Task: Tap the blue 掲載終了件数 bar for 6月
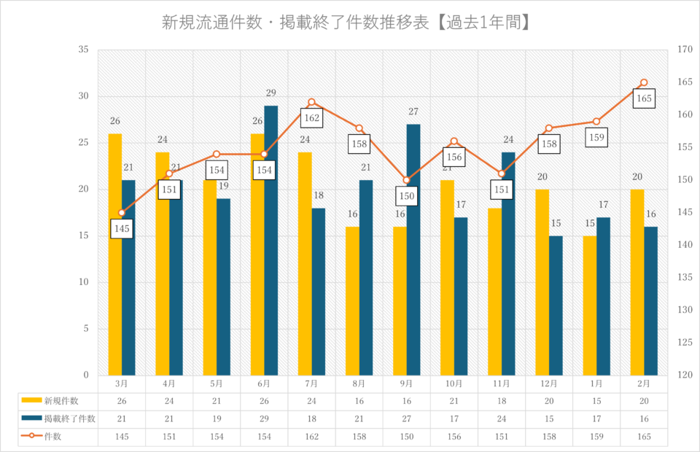point(271,241)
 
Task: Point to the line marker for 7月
point(311,102)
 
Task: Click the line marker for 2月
point(644,82)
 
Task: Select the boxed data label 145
point(122,229)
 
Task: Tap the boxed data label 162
point(311,117)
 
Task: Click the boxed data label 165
point(644,98)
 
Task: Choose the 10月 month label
point(454,383)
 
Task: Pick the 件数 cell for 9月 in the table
point(406,437)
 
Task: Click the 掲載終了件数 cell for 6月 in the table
point(264,418)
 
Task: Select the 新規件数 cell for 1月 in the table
point(596,401)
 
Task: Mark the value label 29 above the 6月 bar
point(271,93)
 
